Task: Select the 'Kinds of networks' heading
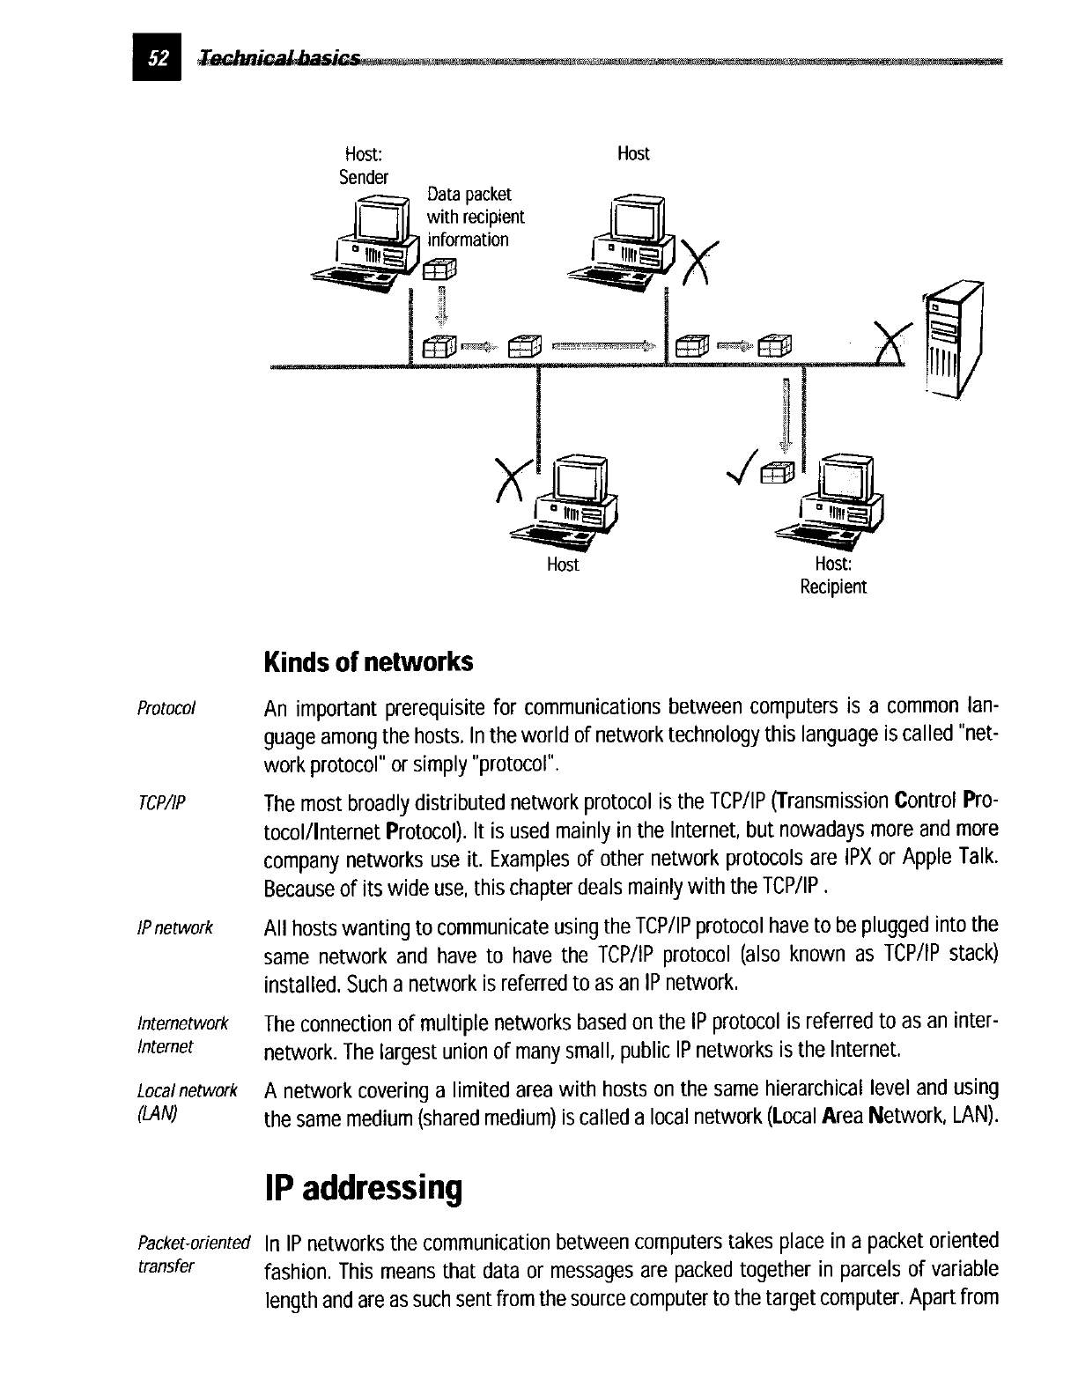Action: [x=367, y=661]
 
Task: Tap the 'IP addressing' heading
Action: [x=363, y=1188]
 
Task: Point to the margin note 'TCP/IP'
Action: [x=163, y=802]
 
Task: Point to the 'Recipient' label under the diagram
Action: [x=832, y=587]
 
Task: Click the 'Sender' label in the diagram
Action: [x=364, y=177]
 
